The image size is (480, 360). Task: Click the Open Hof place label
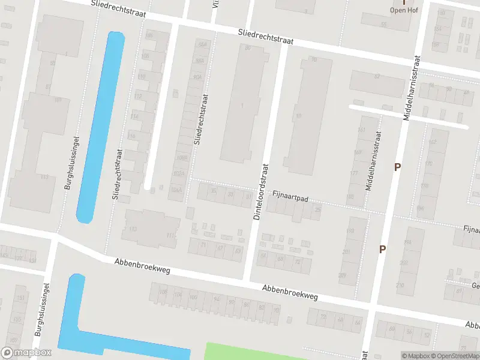[404, 10]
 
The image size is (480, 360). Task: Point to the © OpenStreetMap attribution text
[453, 356]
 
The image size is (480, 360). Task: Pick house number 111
[170, 235]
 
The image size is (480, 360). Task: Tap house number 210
[400, 286]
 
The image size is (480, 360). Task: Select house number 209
[342, 275]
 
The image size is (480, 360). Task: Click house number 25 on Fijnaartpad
[317, 209]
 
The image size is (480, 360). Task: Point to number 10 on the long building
[298, 116]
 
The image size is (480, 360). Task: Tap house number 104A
[176, 190]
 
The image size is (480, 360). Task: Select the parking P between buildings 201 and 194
[382, 248]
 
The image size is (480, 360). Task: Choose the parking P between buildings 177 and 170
[397, 167]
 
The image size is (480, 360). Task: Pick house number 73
[463, 347]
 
